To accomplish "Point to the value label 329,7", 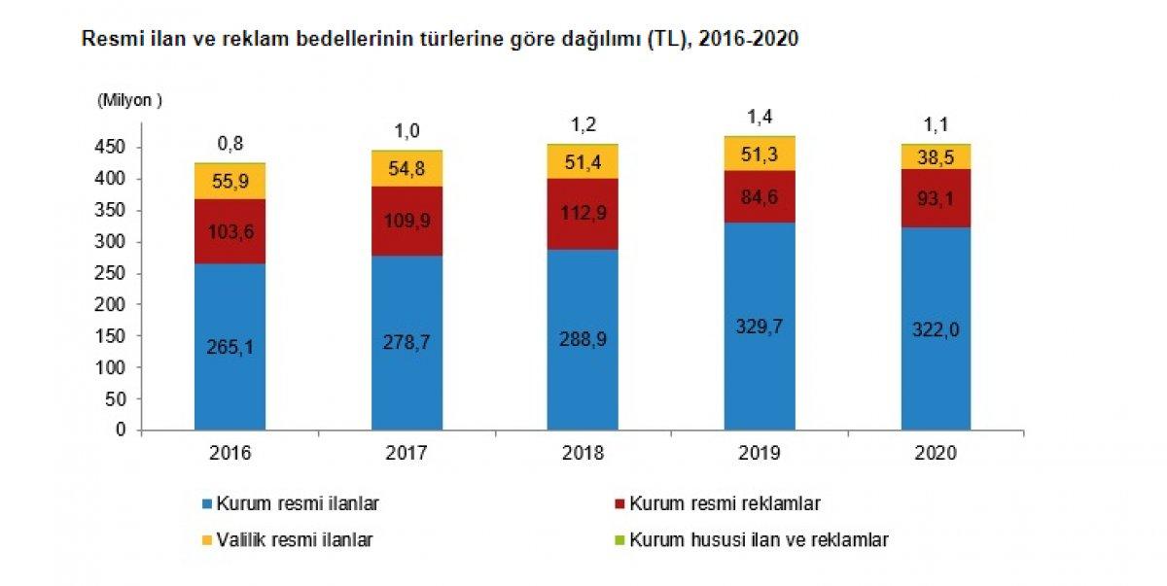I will tap(760, 327).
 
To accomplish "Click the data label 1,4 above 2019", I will tap(760, 117).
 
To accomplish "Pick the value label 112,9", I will tap(583, 214).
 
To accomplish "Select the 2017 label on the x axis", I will tap(407, 453).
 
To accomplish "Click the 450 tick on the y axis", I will tap(115, 148).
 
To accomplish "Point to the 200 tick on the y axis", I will tap(115, 305).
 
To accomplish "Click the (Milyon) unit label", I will tap(128, 99).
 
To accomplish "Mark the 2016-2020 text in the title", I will tap(743, 41).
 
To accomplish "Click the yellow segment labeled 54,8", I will tap(407, 168).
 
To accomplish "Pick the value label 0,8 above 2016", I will tap(230, 144).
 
